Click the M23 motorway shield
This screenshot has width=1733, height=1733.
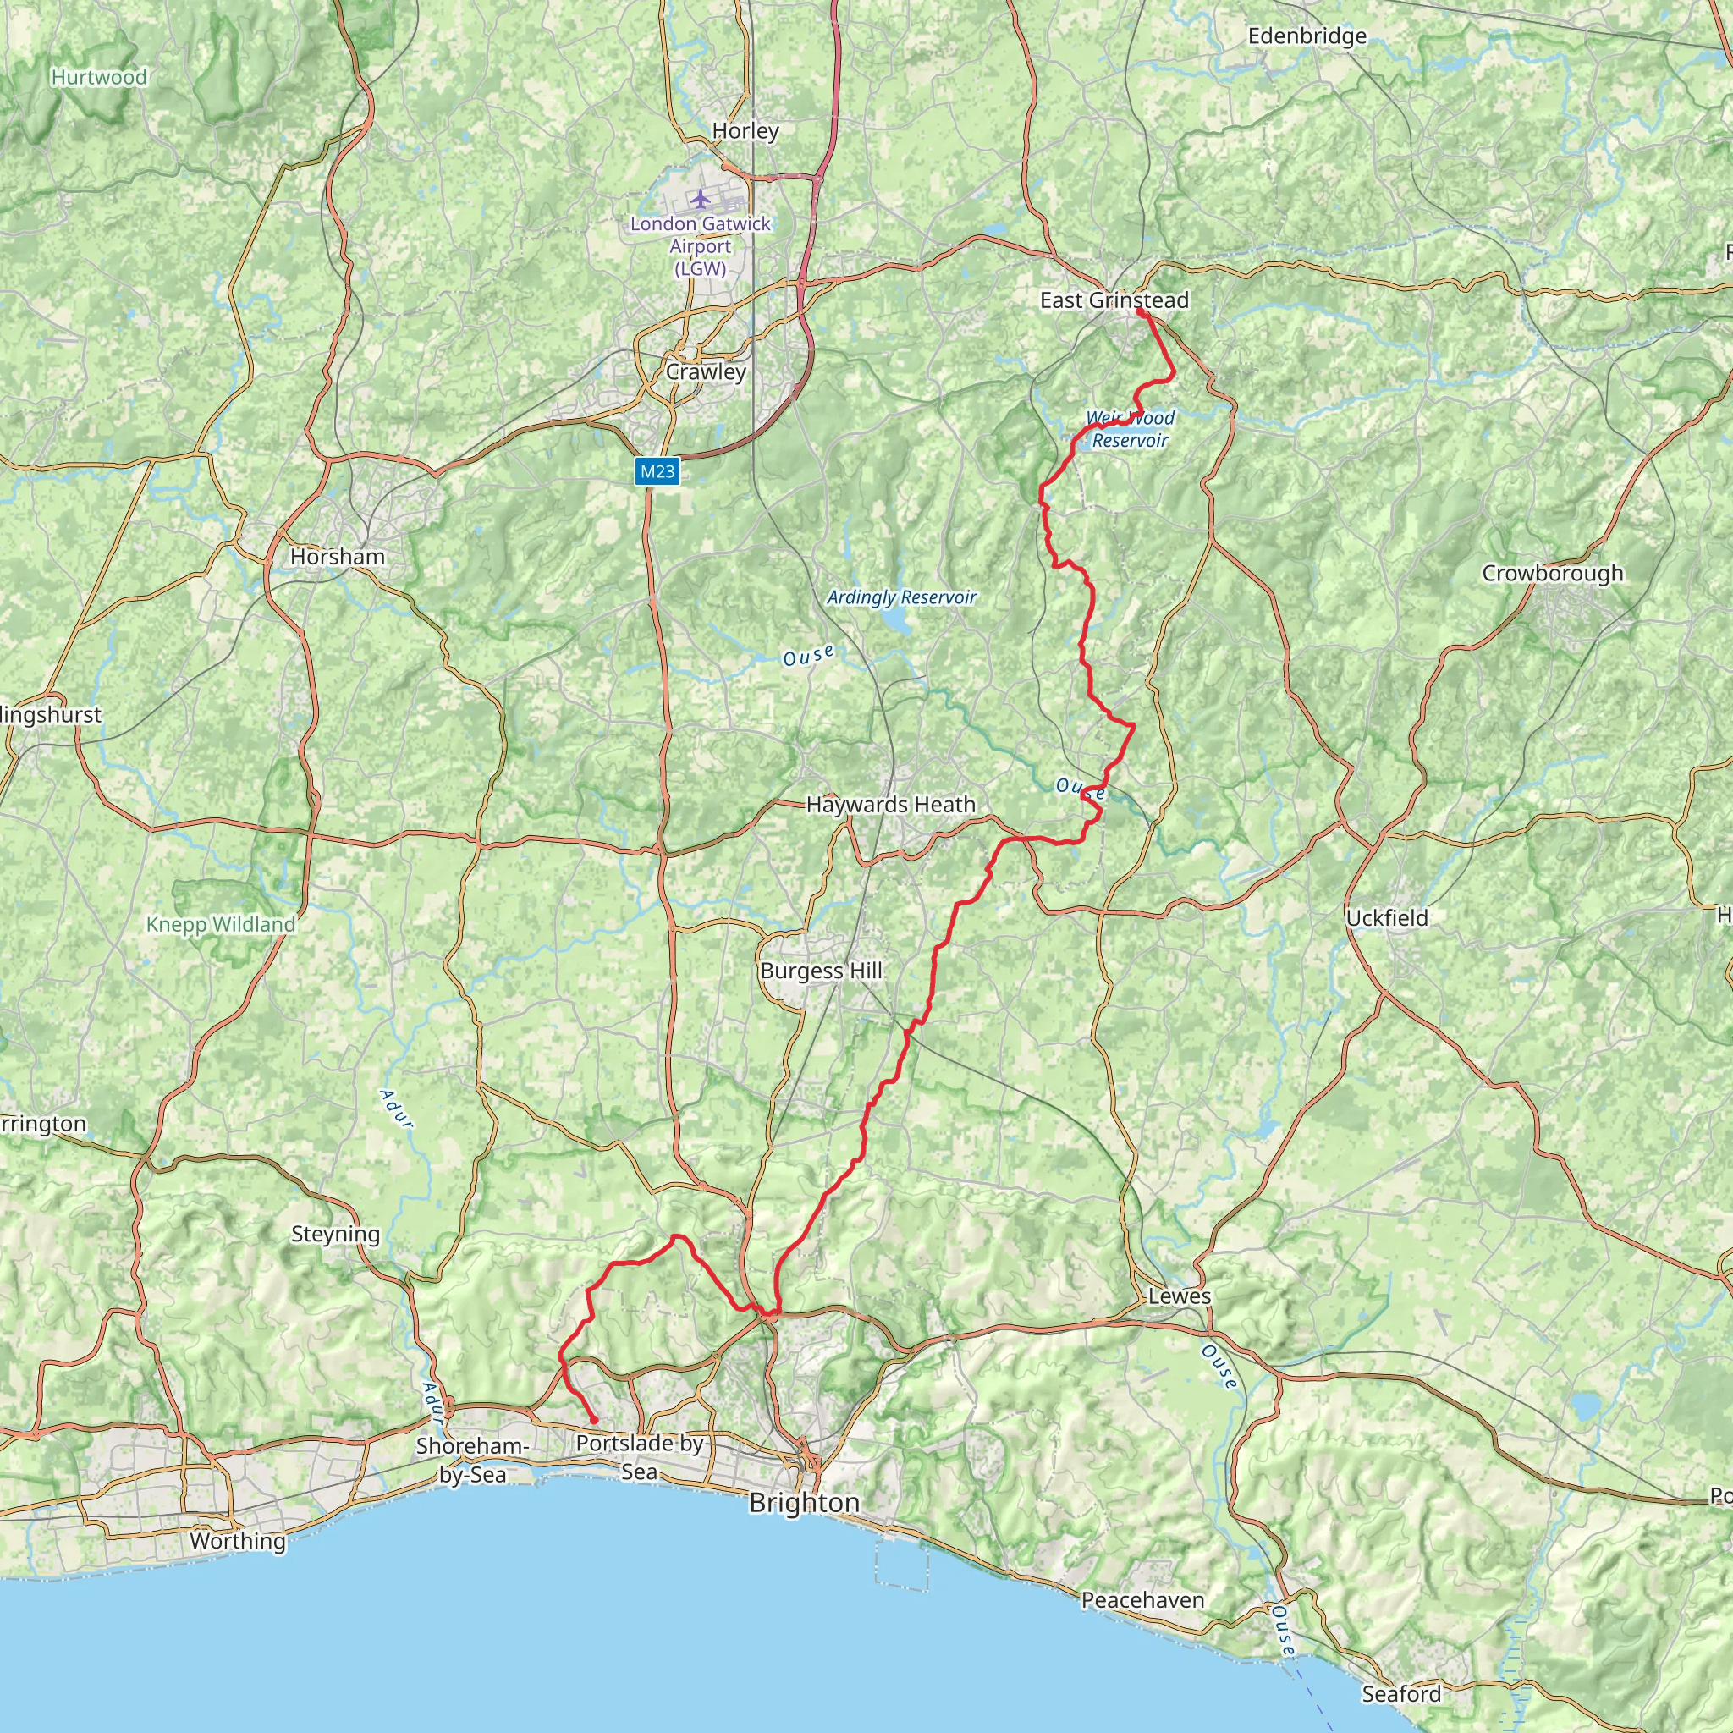pos(657,471)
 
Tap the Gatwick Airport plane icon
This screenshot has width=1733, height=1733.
pos(700,197)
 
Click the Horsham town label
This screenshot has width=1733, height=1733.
pos(338,556)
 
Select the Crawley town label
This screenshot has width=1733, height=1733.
pos(706,371)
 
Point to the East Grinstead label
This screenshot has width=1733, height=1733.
pos(1114,300)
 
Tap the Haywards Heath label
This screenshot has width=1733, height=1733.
pos(891,805)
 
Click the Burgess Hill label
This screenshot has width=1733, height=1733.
pos(821,971)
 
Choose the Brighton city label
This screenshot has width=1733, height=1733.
pos(804,1503)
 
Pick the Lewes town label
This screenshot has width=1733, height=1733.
pos(1180,1296)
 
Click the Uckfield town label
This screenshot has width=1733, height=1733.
pos(1387,917)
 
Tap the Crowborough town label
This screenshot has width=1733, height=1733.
pos(1553,573)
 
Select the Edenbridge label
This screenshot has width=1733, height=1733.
pos(1307,36)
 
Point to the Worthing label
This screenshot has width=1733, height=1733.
pos(238,1541)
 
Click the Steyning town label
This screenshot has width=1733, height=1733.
pos(335,1235)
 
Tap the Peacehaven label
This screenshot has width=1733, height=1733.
pos(1142,1600)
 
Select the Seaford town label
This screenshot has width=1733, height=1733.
pos(1401,1693)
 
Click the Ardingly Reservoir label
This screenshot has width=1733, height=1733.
pos(901,597)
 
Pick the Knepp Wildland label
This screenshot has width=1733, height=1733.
pos(221,925)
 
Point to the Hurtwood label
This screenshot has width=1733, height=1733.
pos(99,77)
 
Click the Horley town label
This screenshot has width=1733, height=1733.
pos(745,131)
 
